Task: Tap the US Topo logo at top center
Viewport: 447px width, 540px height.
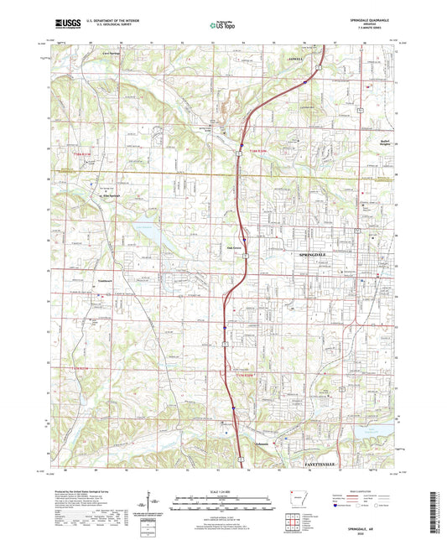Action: point(222,26)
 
